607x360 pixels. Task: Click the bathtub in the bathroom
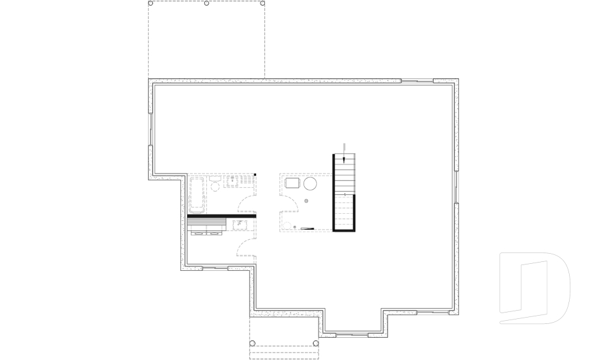tap(198, 196)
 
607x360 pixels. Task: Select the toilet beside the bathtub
tap(215, 185)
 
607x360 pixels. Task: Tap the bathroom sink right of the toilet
tap(233, 182)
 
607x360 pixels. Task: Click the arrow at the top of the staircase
tap(344, 147)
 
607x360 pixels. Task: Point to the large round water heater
tap(310, 184)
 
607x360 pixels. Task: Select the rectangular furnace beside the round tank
tap(292, 183)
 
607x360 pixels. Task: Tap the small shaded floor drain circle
tap(307, 201)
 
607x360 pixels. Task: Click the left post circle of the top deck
tap(150, 3)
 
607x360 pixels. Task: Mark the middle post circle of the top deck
tap(207, 3)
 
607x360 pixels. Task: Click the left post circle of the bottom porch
tap(252, 344)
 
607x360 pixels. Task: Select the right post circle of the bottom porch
tap(316, 344)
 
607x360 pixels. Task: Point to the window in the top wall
tap(417, 80)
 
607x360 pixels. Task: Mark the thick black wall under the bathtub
tap(221, 216)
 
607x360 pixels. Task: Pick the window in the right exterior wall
tap(456, 187)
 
